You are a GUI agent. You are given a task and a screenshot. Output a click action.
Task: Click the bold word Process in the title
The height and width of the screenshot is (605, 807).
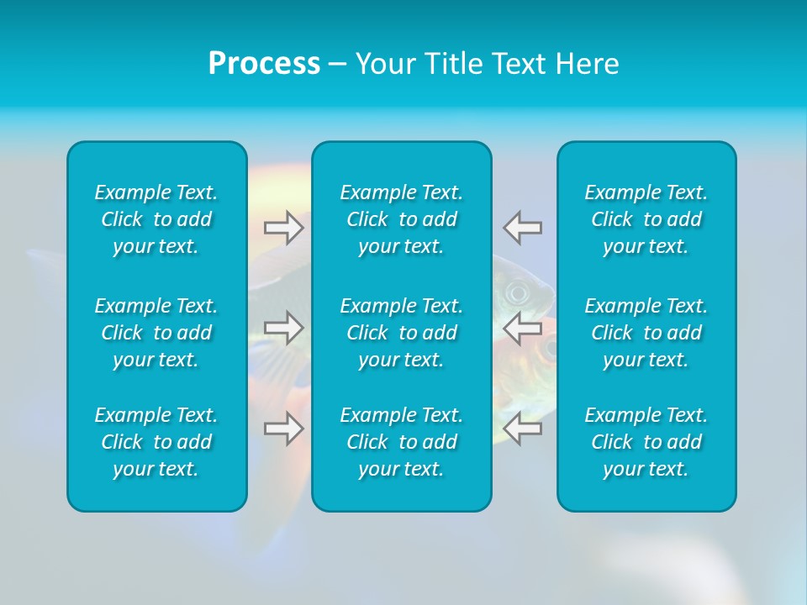(264, 64)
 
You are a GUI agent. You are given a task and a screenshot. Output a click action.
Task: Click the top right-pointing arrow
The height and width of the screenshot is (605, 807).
(284, 227)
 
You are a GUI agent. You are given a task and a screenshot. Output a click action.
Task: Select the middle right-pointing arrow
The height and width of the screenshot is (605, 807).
(284, 327)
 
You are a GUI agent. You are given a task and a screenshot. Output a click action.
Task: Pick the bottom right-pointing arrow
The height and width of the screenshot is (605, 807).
(284, 428)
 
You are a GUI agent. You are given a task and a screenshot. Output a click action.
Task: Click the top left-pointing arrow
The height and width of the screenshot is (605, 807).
(523, 227)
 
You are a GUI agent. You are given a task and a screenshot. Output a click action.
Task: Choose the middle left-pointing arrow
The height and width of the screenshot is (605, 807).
(523, 327)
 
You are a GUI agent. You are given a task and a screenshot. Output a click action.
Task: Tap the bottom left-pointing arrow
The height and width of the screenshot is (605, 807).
(523, 428)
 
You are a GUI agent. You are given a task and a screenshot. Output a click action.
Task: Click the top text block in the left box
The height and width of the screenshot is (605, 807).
(156, 219)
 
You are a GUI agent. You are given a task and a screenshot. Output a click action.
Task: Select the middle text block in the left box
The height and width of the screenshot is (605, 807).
(156, 333)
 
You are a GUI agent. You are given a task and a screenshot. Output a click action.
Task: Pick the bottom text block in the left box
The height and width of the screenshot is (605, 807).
(156, 442)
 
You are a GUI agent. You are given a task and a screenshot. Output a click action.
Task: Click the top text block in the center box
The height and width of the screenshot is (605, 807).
(402, 219)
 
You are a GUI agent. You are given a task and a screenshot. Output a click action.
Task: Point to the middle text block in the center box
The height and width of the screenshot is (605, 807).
(402, 333)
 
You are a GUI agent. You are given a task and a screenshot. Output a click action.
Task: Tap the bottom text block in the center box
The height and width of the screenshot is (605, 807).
(402, 442)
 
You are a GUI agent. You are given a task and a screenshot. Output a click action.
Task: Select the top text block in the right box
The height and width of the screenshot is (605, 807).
(646, 219)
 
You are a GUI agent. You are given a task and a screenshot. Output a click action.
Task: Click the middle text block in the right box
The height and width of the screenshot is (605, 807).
(646, 333)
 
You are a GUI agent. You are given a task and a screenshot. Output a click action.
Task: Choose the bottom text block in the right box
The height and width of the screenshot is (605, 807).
(646, 442)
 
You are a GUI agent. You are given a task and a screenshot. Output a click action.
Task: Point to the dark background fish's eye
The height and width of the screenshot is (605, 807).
(515, 293)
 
